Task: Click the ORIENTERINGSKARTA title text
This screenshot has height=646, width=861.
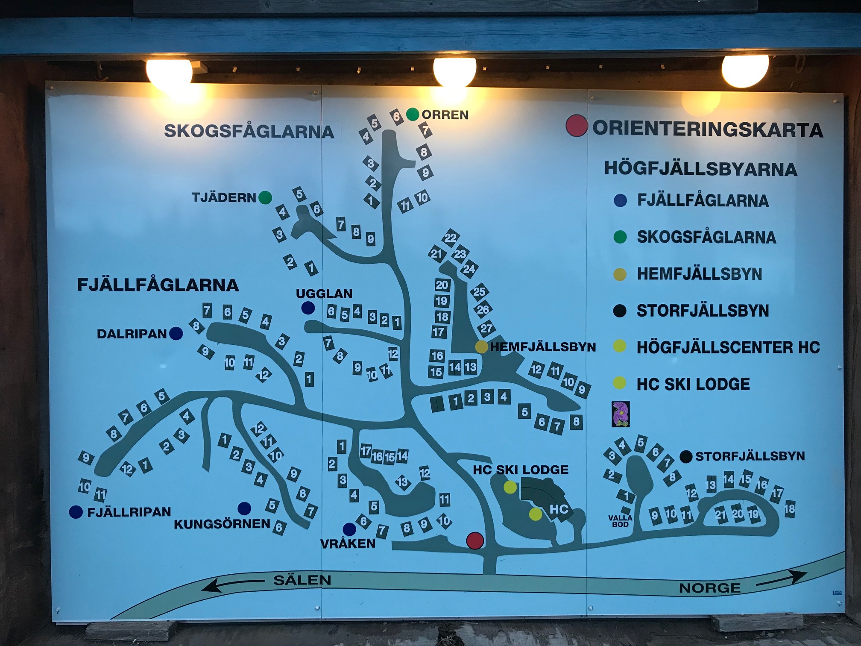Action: coord(707,129)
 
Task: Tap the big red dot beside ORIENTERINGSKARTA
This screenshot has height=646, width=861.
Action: coord(576,126)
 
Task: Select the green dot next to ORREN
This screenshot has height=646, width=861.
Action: coord(412,114)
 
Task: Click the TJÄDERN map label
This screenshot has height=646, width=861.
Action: coord(223,197)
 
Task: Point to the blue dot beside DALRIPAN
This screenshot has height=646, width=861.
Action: coord(176,333)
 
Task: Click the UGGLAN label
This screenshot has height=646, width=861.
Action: coord(324,294)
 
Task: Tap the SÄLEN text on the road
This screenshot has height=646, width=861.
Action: coord(302,580)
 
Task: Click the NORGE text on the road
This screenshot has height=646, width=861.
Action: coord(709,588)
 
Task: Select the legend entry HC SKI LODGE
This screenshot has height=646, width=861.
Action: coord(693,384)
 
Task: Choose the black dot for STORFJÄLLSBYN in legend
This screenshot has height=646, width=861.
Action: coord(620,311)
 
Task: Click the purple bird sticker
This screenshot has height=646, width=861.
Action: coord(621,414)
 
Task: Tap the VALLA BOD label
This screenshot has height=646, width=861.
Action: coord(620,521)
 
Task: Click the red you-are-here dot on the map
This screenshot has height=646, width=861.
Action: coord(474,540)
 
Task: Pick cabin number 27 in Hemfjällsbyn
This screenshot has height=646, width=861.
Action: coord(486,328)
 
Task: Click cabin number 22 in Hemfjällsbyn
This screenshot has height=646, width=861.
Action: coord(450,238)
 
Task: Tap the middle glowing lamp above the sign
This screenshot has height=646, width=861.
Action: coord(454,71)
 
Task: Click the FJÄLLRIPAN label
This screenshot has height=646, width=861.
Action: coord(129,512)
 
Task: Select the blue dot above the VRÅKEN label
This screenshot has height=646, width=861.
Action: coord(349,529)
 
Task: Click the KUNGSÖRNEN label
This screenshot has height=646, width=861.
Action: coord(222,524)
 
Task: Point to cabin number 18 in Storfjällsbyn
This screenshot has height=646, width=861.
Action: coord(789,508)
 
